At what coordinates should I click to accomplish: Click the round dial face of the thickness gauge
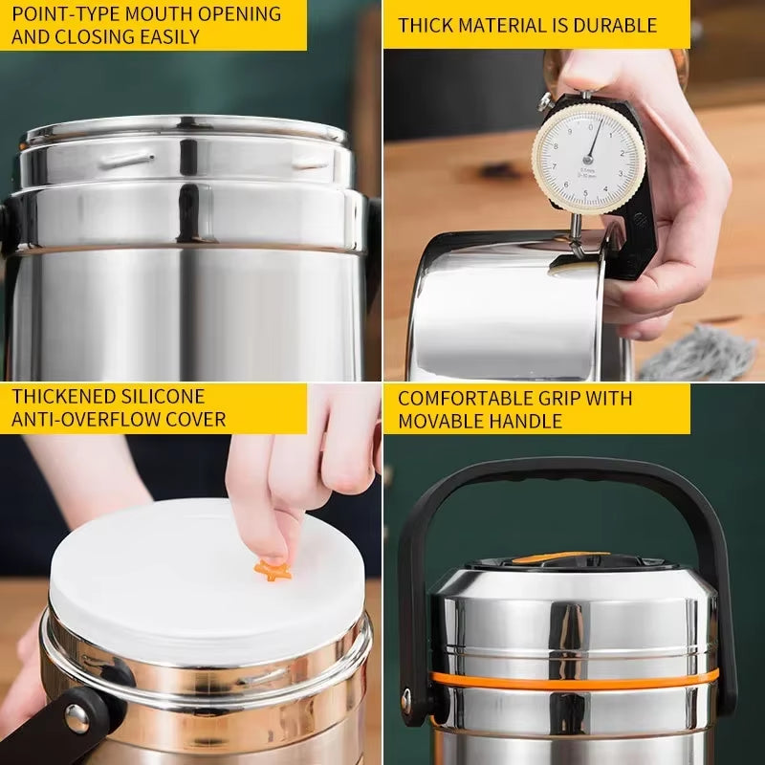click(589, 156)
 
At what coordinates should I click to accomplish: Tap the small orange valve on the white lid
click(273, 571)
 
